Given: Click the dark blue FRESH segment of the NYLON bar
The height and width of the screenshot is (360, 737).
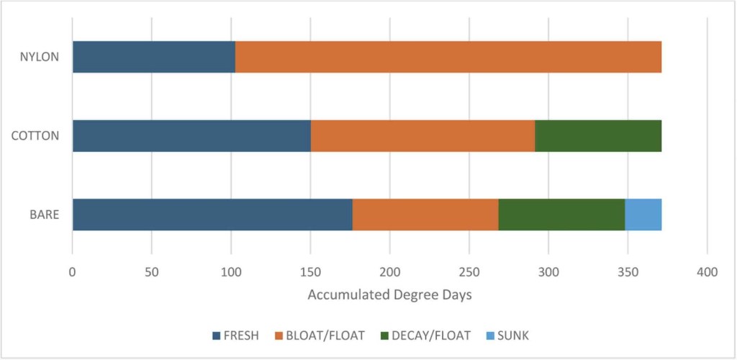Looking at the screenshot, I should [x=153, y=57].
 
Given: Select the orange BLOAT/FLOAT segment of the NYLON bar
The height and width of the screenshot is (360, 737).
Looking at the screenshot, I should [x=448, y=57].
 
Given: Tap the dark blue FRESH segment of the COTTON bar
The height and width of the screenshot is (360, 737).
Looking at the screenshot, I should [x=191, y=135].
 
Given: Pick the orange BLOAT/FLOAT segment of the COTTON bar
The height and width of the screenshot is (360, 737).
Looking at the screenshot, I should [x=422, y=135].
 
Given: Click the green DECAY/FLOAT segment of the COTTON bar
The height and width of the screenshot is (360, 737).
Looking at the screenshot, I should [x=597, y=135].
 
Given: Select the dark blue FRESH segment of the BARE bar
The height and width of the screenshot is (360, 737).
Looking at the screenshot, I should [x=212, y=214].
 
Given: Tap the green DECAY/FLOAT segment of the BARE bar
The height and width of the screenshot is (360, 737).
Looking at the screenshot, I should [x=561, y=214].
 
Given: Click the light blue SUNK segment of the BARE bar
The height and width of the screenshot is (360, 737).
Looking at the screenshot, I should [x=643, y=214].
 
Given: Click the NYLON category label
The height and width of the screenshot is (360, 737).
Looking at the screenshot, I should [x=40, y=57].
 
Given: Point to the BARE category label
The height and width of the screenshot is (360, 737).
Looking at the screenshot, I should [x=43, y=214].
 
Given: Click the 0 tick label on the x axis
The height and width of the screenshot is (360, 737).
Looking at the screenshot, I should [x=72, y=271].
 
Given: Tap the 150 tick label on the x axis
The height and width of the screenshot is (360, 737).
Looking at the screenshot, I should [x=310, y=271].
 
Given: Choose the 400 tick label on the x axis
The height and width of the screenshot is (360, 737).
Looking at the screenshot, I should [x=707, y=271].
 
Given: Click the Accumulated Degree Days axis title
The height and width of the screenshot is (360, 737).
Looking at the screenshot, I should [x=389, y=294].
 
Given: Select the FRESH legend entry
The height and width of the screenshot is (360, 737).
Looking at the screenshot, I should [x=236, y=335].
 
